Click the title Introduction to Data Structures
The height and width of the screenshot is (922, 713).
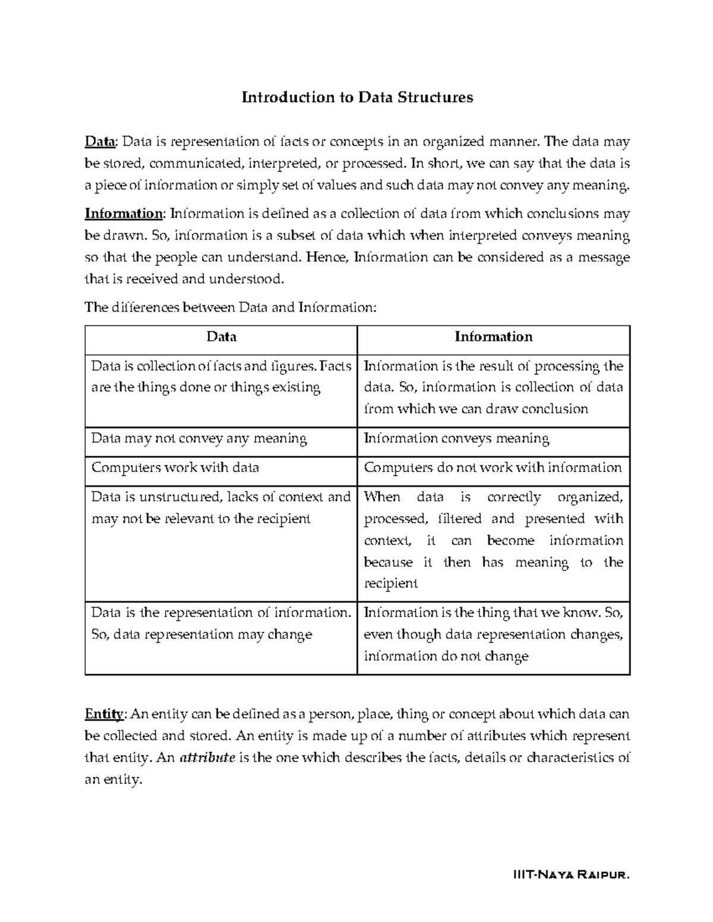pos(356,97)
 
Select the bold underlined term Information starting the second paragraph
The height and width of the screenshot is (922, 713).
pos(124,214)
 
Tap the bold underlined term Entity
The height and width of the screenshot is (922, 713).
pos(104,714)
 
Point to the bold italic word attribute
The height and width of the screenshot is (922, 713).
pos(207,758)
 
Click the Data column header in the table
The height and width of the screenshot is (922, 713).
pos(221,337)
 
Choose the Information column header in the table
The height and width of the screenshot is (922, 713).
pos(493,337)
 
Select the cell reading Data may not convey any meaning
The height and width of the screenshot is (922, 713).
pos(199,439)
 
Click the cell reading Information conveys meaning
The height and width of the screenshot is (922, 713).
pos(456,439)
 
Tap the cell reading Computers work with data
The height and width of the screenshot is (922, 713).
pos(175,468)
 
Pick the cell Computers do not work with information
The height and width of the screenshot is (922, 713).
pos(493,468)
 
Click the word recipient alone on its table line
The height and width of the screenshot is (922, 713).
pos(390,584)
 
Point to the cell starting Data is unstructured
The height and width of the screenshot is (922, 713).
pos(221,508)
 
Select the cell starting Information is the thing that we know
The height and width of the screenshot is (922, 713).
pos(493,634)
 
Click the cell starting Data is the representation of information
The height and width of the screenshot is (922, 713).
pos(221,623)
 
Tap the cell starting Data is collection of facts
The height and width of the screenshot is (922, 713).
pos(221,377)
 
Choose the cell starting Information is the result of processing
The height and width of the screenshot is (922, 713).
pos(493,387)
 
